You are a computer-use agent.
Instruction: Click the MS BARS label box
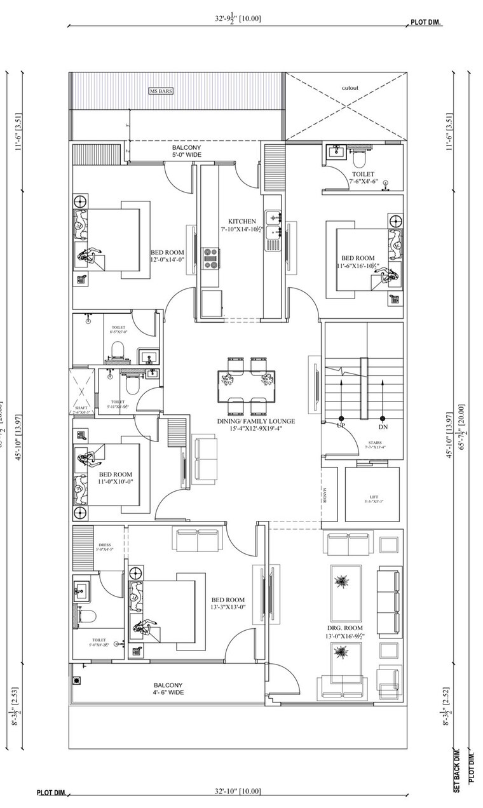coord(161,91)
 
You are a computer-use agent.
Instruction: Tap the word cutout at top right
coord(350,88)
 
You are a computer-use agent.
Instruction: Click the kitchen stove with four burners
coord(210,256)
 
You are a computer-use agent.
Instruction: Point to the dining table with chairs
coord(247,380)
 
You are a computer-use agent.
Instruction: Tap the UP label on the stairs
coord(341,426)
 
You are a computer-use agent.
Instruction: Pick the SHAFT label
coord(81,408)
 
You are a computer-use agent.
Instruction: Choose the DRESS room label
coord(105,544)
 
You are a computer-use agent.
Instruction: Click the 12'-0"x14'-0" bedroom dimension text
coord(167,259)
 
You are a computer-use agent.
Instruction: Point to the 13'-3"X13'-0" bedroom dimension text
coord(228,607)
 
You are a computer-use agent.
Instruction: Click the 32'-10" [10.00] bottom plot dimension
coord(236,791)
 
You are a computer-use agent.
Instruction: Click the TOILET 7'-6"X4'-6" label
coord(363,177)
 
